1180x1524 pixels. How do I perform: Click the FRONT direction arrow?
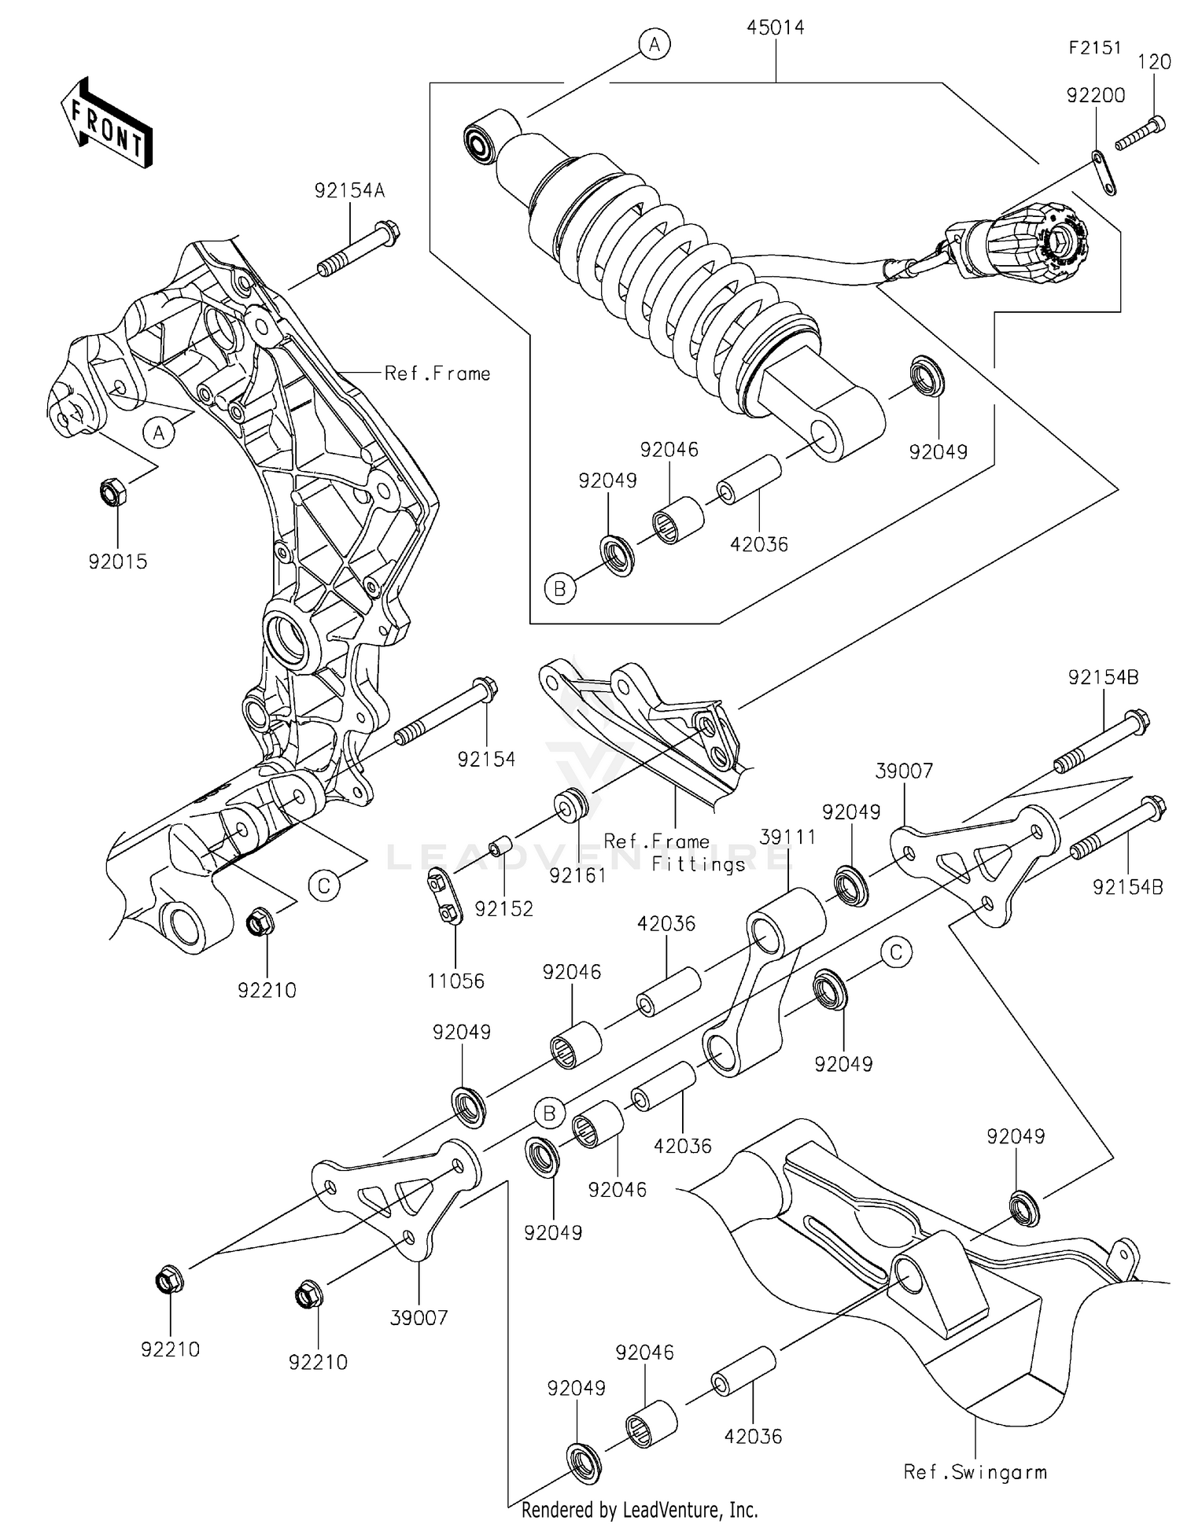106,124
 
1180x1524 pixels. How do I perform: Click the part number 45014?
775,28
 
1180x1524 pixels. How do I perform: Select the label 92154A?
349,191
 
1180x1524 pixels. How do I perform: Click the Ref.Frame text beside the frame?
437,374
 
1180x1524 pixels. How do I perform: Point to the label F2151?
1094,48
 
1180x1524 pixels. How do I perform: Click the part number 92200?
1095,95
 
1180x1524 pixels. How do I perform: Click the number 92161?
577,875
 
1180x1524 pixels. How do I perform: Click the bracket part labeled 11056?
444,896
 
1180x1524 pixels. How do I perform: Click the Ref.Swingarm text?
975,1472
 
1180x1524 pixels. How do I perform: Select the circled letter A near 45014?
654,45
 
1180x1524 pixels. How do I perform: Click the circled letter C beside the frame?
323,886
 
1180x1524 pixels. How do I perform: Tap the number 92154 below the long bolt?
486,759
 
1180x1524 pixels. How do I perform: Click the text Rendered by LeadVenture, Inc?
639,1510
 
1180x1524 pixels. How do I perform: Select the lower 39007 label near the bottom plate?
419,1317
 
